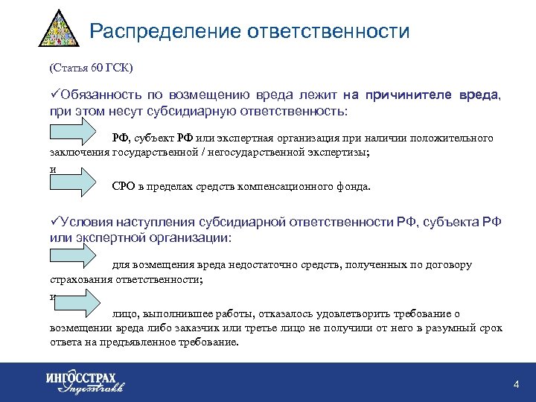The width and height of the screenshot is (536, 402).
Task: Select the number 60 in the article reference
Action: [97, 68]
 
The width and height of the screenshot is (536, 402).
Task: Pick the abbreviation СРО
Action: [124, 188]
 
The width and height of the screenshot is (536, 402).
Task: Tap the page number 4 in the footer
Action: [516, 383]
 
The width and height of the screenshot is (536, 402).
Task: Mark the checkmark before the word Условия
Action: [54, 222]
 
